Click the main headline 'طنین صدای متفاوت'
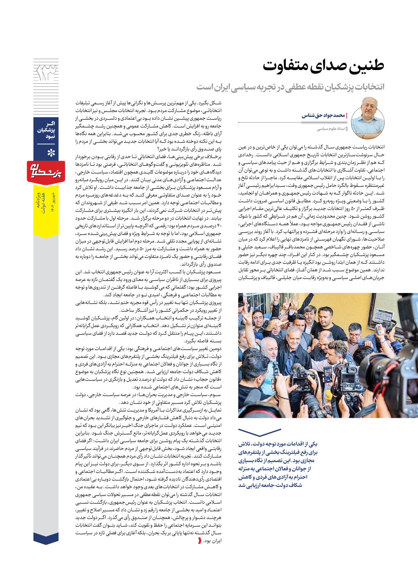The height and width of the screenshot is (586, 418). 323,65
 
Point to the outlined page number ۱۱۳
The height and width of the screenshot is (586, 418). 46,74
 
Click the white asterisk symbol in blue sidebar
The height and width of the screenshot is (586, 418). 51,153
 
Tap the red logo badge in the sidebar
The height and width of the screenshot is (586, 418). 46,171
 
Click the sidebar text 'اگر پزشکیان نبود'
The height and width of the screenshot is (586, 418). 46,130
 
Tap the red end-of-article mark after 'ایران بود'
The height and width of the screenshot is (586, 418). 200,540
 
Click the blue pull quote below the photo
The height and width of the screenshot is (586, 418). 278,464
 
